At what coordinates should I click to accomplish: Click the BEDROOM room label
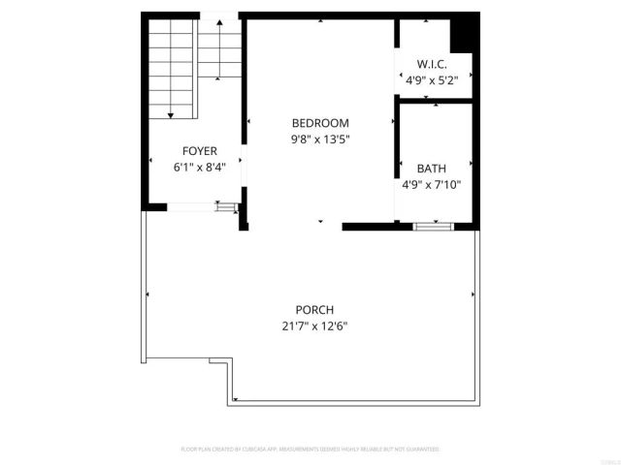(320, 123)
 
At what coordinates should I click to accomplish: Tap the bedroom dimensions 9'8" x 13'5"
(320, 139)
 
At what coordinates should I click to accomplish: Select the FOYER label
(200, 151)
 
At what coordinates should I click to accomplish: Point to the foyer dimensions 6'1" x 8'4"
(200, 167)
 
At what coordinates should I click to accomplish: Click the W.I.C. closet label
(431, 65)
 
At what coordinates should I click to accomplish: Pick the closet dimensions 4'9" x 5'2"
(431, 81)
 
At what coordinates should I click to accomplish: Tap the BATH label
(432, 168)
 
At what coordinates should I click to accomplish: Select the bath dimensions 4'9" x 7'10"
(432, 184)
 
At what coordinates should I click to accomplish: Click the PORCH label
(309, 310)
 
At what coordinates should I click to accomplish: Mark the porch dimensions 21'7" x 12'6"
(309, 326)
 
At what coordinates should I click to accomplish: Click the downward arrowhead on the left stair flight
(171, 115)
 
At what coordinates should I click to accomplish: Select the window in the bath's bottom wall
(433, 226)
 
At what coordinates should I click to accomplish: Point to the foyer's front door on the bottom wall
(190, 205)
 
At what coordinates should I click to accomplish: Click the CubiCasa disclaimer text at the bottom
(310, 449)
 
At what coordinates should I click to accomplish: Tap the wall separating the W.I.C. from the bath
(434, 99)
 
